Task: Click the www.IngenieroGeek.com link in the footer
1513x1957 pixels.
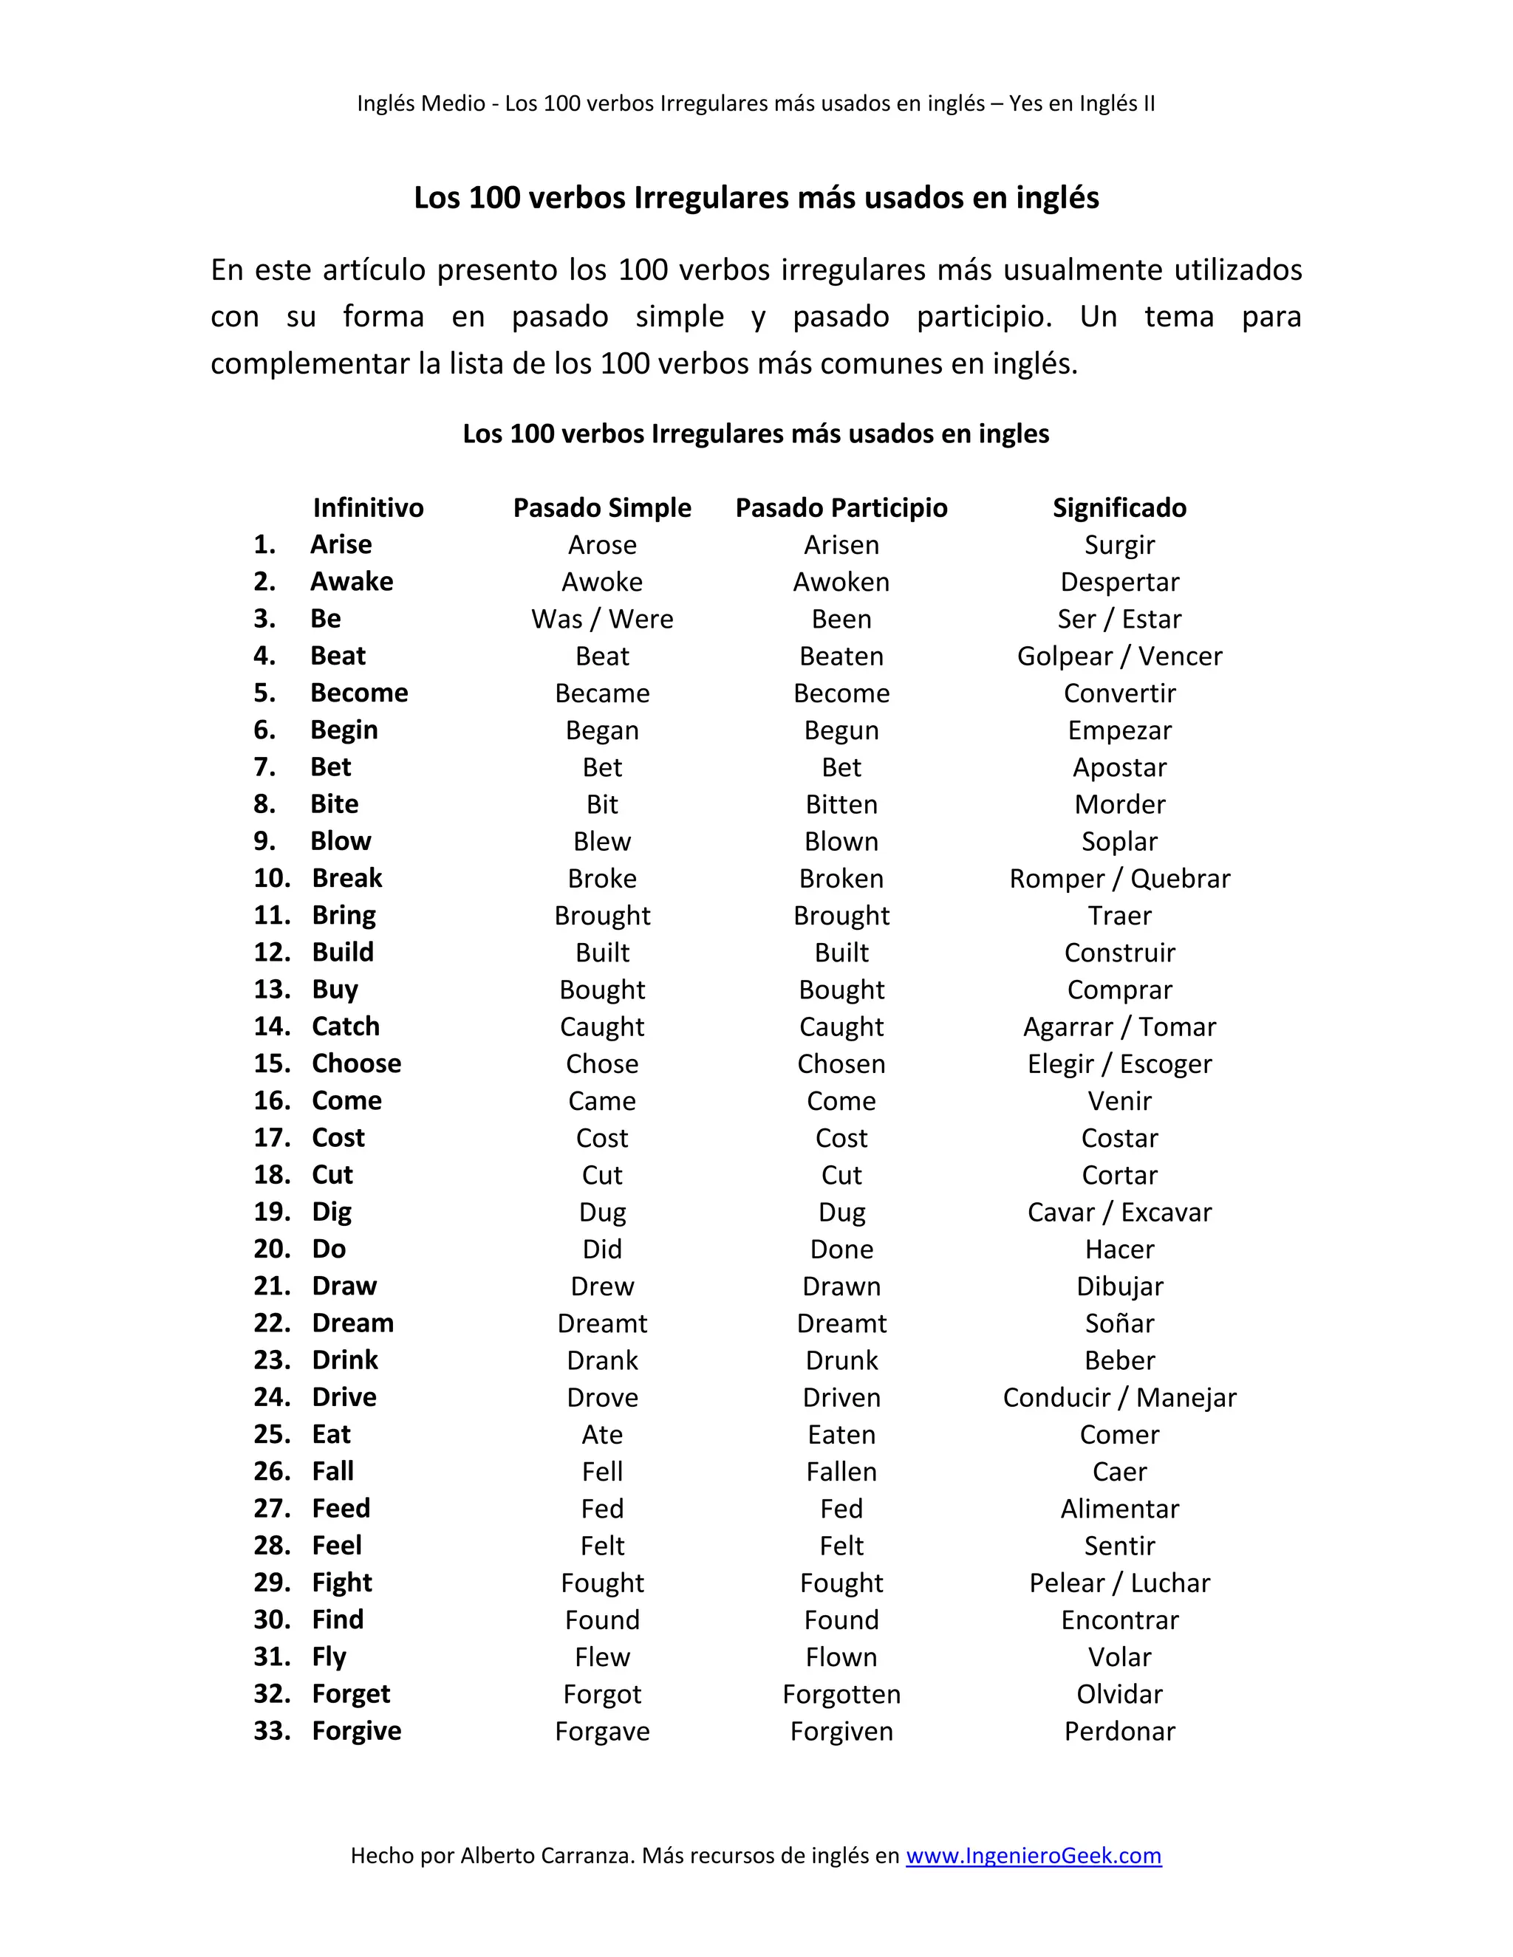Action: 1033,1856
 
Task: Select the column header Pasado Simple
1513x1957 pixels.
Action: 601,508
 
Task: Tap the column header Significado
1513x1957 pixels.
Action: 1118,508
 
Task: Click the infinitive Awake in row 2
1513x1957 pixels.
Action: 352,581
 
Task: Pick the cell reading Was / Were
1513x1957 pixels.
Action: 601,619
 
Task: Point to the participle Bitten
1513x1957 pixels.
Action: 841,805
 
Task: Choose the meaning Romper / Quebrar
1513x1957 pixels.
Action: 1118,879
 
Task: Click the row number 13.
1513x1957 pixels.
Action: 272,990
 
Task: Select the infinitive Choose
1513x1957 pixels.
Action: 356,1063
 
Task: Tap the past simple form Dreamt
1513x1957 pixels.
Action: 601,1323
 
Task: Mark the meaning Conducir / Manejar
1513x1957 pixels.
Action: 1118,1398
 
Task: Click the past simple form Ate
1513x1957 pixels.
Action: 601,1435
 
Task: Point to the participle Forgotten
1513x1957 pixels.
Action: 841,1694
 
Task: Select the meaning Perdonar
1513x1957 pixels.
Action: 1118,1731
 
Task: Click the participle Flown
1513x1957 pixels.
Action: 841,1658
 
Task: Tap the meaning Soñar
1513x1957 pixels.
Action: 1118,1323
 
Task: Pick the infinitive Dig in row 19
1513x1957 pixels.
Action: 332,1213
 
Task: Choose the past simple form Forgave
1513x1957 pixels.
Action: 601,1731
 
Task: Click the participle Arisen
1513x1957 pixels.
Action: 841,545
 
